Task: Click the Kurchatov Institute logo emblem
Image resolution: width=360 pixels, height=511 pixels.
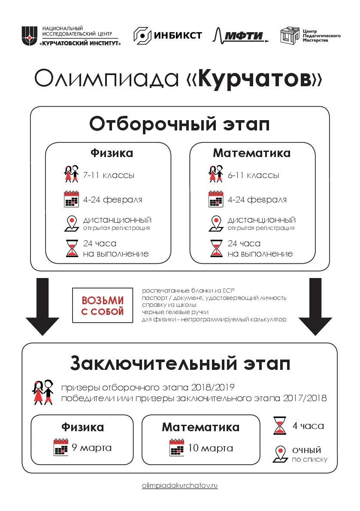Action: [x=30, y=36]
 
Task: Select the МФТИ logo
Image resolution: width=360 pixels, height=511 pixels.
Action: [x=240, y=36]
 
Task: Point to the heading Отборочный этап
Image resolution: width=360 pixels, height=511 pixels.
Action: [x=179, y=124]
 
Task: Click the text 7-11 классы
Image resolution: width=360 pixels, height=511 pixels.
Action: [x=109, y=175]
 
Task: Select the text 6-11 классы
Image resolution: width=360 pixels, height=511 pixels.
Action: [x=253, y=175]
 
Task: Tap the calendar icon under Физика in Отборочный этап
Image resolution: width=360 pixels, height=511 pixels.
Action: [x=71, y=200]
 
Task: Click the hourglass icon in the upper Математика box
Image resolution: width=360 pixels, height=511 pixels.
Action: [x=216, y=248]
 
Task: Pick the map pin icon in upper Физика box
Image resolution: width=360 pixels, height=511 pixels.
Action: [x=71, y=224]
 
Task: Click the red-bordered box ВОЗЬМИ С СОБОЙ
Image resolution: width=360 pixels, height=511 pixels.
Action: [x=103, y=306]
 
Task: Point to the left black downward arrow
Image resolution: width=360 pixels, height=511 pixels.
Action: [x=42, y=306]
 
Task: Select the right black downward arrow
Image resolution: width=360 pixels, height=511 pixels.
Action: [x=315, y=306]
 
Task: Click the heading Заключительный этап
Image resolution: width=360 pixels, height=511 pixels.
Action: [x=180, y=364]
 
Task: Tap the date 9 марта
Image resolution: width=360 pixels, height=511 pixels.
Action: [x=91, y=448]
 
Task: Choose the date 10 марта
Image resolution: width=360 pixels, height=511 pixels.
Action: [x=210, y=448]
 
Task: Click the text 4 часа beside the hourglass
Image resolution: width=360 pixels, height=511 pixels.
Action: [x=308, y=426]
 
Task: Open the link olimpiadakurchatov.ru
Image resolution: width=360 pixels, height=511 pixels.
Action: [x=180, y=486]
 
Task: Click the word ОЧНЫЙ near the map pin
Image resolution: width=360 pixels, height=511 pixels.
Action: [x=306, y=450]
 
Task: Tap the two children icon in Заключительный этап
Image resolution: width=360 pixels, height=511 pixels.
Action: [x=43, y=392]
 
